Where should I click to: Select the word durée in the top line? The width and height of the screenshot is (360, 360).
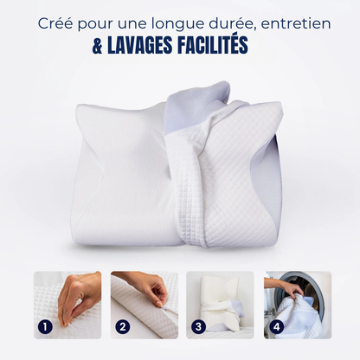click(x=234, y=23)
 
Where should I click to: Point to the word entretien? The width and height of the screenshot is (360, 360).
click(x=296, y=23)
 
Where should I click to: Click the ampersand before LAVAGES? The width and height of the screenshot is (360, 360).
click(x=98, y=46)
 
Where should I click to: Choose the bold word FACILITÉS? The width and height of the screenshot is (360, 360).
click(x=211, y=45)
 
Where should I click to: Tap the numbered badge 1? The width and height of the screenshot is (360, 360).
click(x=45, y=327)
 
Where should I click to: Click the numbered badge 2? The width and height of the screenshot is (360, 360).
click(x=123, y=327)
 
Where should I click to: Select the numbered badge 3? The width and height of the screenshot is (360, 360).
click(x=198, y=327)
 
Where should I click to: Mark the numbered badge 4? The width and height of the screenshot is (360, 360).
click(x=276, y=327)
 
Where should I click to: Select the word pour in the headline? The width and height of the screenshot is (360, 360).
click(x=94, y=25)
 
